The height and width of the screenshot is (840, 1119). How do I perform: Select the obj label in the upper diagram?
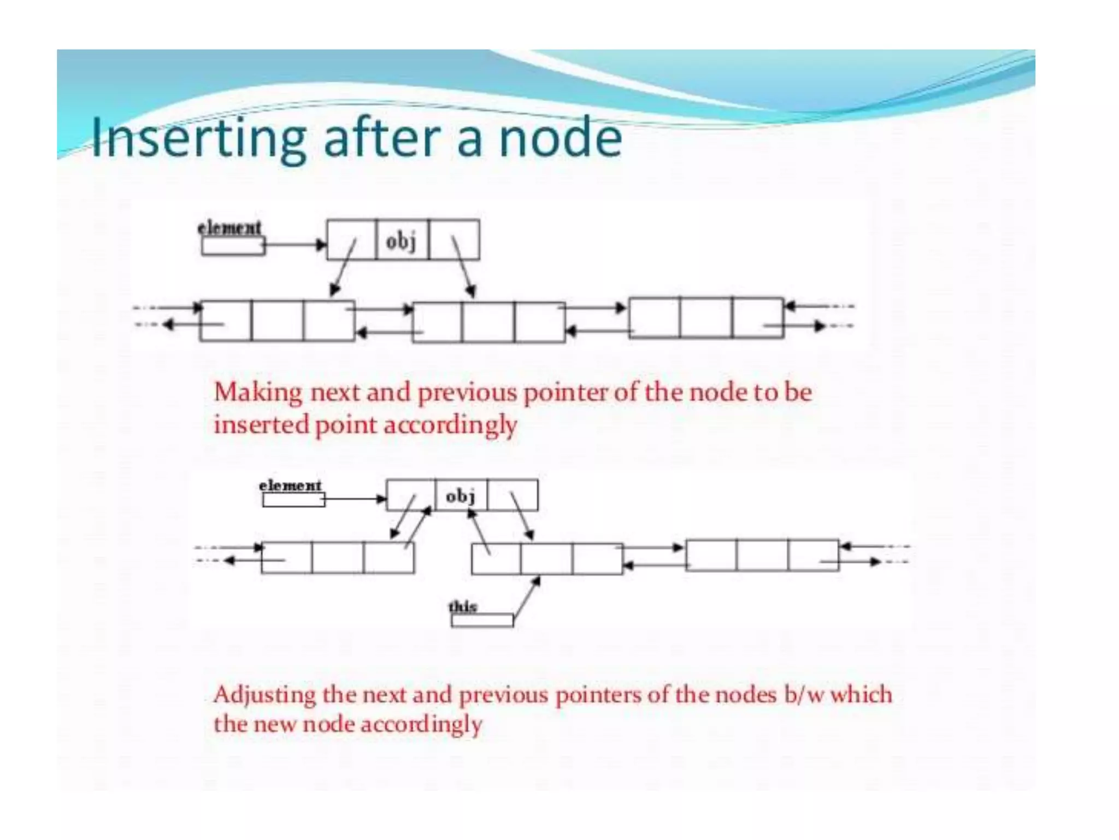[x=402, y=241]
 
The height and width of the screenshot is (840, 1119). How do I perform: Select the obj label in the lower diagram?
[x=461, y=496]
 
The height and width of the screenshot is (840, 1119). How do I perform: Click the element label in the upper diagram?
[x=229, y=227]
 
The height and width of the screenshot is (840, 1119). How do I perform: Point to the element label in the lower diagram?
[x=290, y=485]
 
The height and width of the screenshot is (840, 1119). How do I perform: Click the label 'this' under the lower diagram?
[x=462, y=606]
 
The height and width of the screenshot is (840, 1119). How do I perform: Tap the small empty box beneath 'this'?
[x=482, y=620]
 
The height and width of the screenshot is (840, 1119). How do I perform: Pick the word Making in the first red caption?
[x=258, y=393]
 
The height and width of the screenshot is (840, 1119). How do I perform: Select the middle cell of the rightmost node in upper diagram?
[x=706, y=318]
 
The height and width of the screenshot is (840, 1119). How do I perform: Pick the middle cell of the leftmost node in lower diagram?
[x=338, y=557]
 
